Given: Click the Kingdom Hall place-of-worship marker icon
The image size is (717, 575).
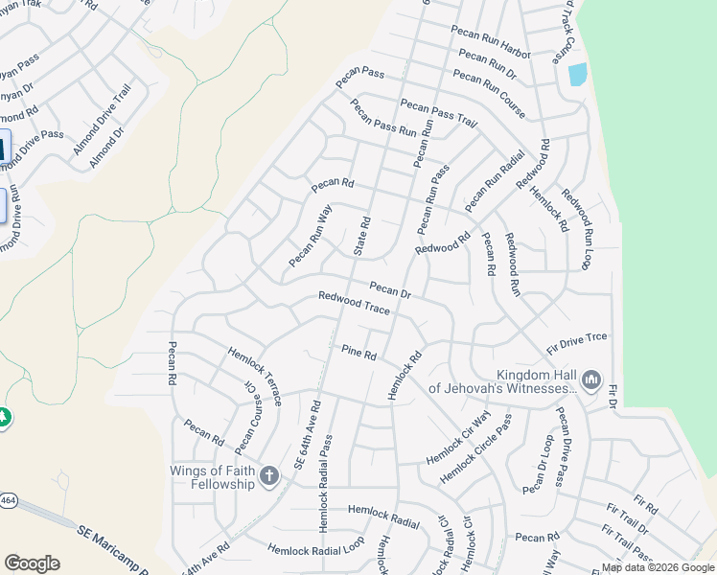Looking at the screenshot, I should (590, 381).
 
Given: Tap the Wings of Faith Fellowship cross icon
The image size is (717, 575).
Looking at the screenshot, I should (270, 476).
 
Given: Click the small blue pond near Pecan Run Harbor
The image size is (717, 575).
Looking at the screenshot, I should (577, 74).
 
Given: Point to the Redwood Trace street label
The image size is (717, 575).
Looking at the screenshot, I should (355, 304).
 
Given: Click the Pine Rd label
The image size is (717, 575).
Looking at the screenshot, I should (359, 352).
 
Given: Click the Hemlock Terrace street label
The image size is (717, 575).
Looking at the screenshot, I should (254, 376).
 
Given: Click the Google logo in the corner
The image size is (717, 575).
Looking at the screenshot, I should (32, 563).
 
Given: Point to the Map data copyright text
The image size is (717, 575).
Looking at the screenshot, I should (658, 567).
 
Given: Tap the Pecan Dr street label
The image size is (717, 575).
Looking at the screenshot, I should (390, 289).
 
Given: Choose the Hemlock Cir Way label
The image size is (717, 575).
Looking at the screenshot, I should (458, 436).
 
